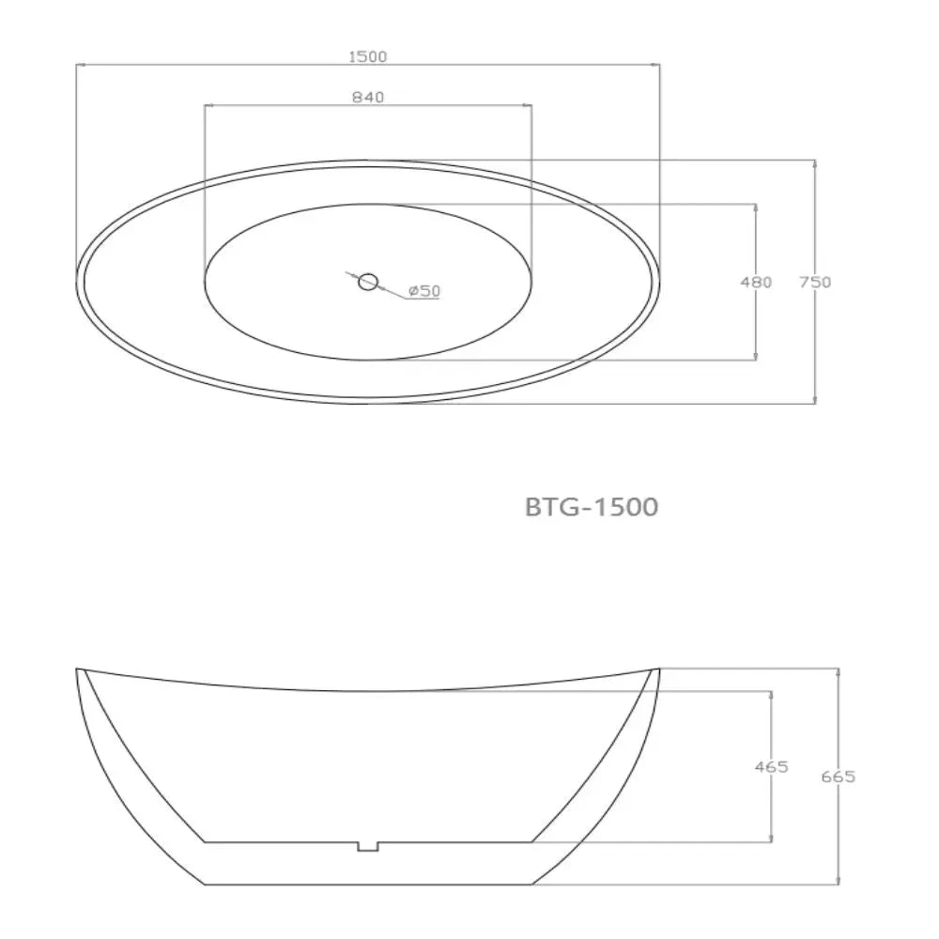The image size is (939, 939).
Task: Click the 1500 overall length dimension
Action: [x=367, y=56]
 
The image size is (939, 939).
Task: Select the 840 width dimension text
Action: [x=367, y=97]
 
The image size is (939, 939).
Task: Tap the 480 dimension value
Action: [x=756, y=282]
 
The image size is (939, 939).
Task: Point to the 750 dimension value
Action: [x=815, y=282]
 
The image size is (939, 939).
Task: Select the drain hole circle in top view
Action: [x=368, y=281]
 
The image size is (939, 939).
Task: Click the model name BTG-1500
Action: [x=591, y=507]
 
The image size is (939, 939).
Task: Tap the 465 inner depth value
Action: [x=771, y=767]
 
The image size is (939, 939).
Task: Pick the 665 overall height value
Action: [x=838, y=777]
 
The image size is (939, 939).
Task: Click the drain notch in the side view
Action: [x=367, y=846]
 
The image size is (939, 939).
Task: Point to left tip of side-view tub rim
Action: [x=77, y=670]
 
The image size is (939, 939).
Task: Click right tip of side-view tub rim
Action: [x=659, y=670]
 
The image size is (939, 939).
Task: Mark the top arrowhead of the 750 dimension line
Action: [x=814, y=163]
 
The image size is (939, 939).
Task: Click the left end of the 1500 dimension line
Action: [x=77, y=65]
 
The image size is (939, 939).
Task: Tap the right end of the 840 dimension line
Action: [x=531, y=105]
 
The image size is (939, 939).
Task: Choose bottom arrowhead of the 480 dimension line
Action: [x=756, y=356]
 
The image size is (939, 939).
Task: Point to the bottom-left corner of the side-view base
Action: [x=205, y=885]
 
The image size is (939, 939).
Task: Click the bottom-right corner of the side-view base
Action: [x=531, y=885]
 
